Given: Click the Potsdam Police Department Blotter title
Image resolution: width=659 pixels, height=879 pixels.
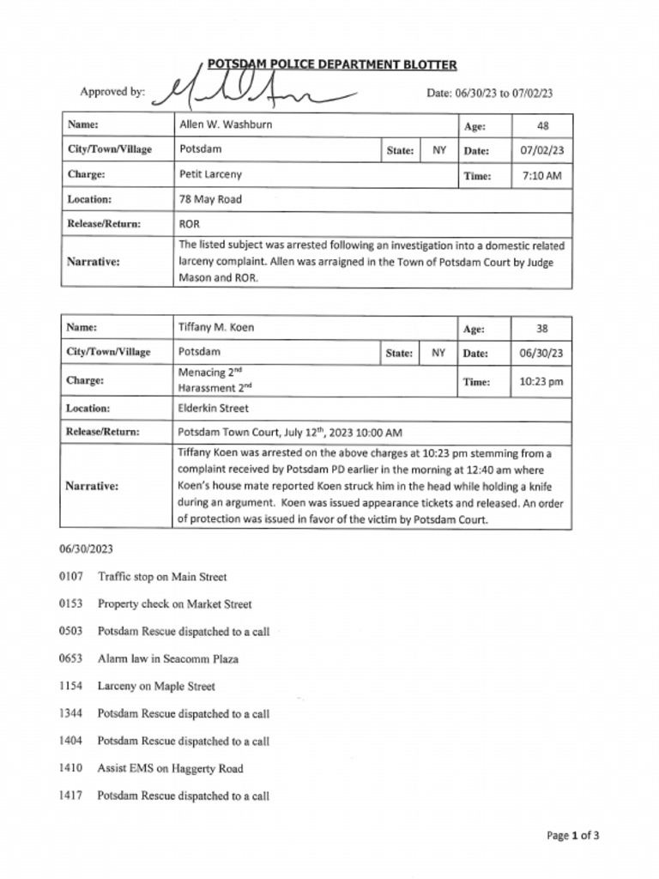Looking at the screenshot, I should coord(331,65).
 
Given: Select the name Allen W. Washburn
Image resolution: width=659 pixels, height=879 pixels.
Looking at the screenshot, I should coord(226,124).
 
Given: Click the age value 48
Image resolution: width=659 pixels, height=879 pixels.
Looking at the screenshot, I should coord(542,125).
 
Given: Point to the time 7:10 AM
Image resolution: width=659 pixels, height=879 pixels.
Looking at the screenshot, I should coord(542,175).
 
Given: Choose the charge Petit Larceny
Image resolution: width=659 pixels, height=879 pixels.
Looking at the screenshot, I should coord(210,174).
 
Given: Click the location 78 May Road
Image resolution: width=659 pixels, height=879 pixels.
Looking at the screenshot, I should coord(210,199).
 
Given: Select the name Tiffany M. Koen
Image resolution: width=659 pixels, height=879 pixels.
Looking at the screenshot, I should coord(216,327).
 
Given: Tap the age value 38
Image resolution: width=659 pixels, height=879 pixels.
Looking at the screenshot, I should coord(542,328).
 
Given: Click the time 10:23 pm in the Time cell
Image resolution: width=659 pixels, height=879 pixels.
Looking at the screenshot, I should coord(542,382).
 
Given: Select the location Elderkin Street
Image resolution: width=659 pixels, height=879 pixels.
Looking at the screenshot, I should coord(214,409).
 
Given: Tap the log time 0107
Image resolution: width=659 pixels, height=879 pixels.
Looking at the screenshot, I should coord(70,577).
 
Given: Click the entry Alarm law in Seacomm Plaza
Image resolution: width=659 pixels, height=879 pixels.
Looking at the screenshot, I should coord(168,659).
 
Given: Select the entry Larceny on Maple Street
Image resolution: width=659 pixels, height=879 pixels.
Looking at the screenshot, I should coord(156,687).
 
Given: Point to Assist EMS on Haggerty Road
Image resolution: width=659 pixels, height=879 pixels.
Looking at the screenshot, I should coord(170,769).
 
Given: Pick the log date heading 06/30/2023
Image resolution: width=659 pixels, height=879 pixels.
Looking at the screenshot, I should coord(86,549).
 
